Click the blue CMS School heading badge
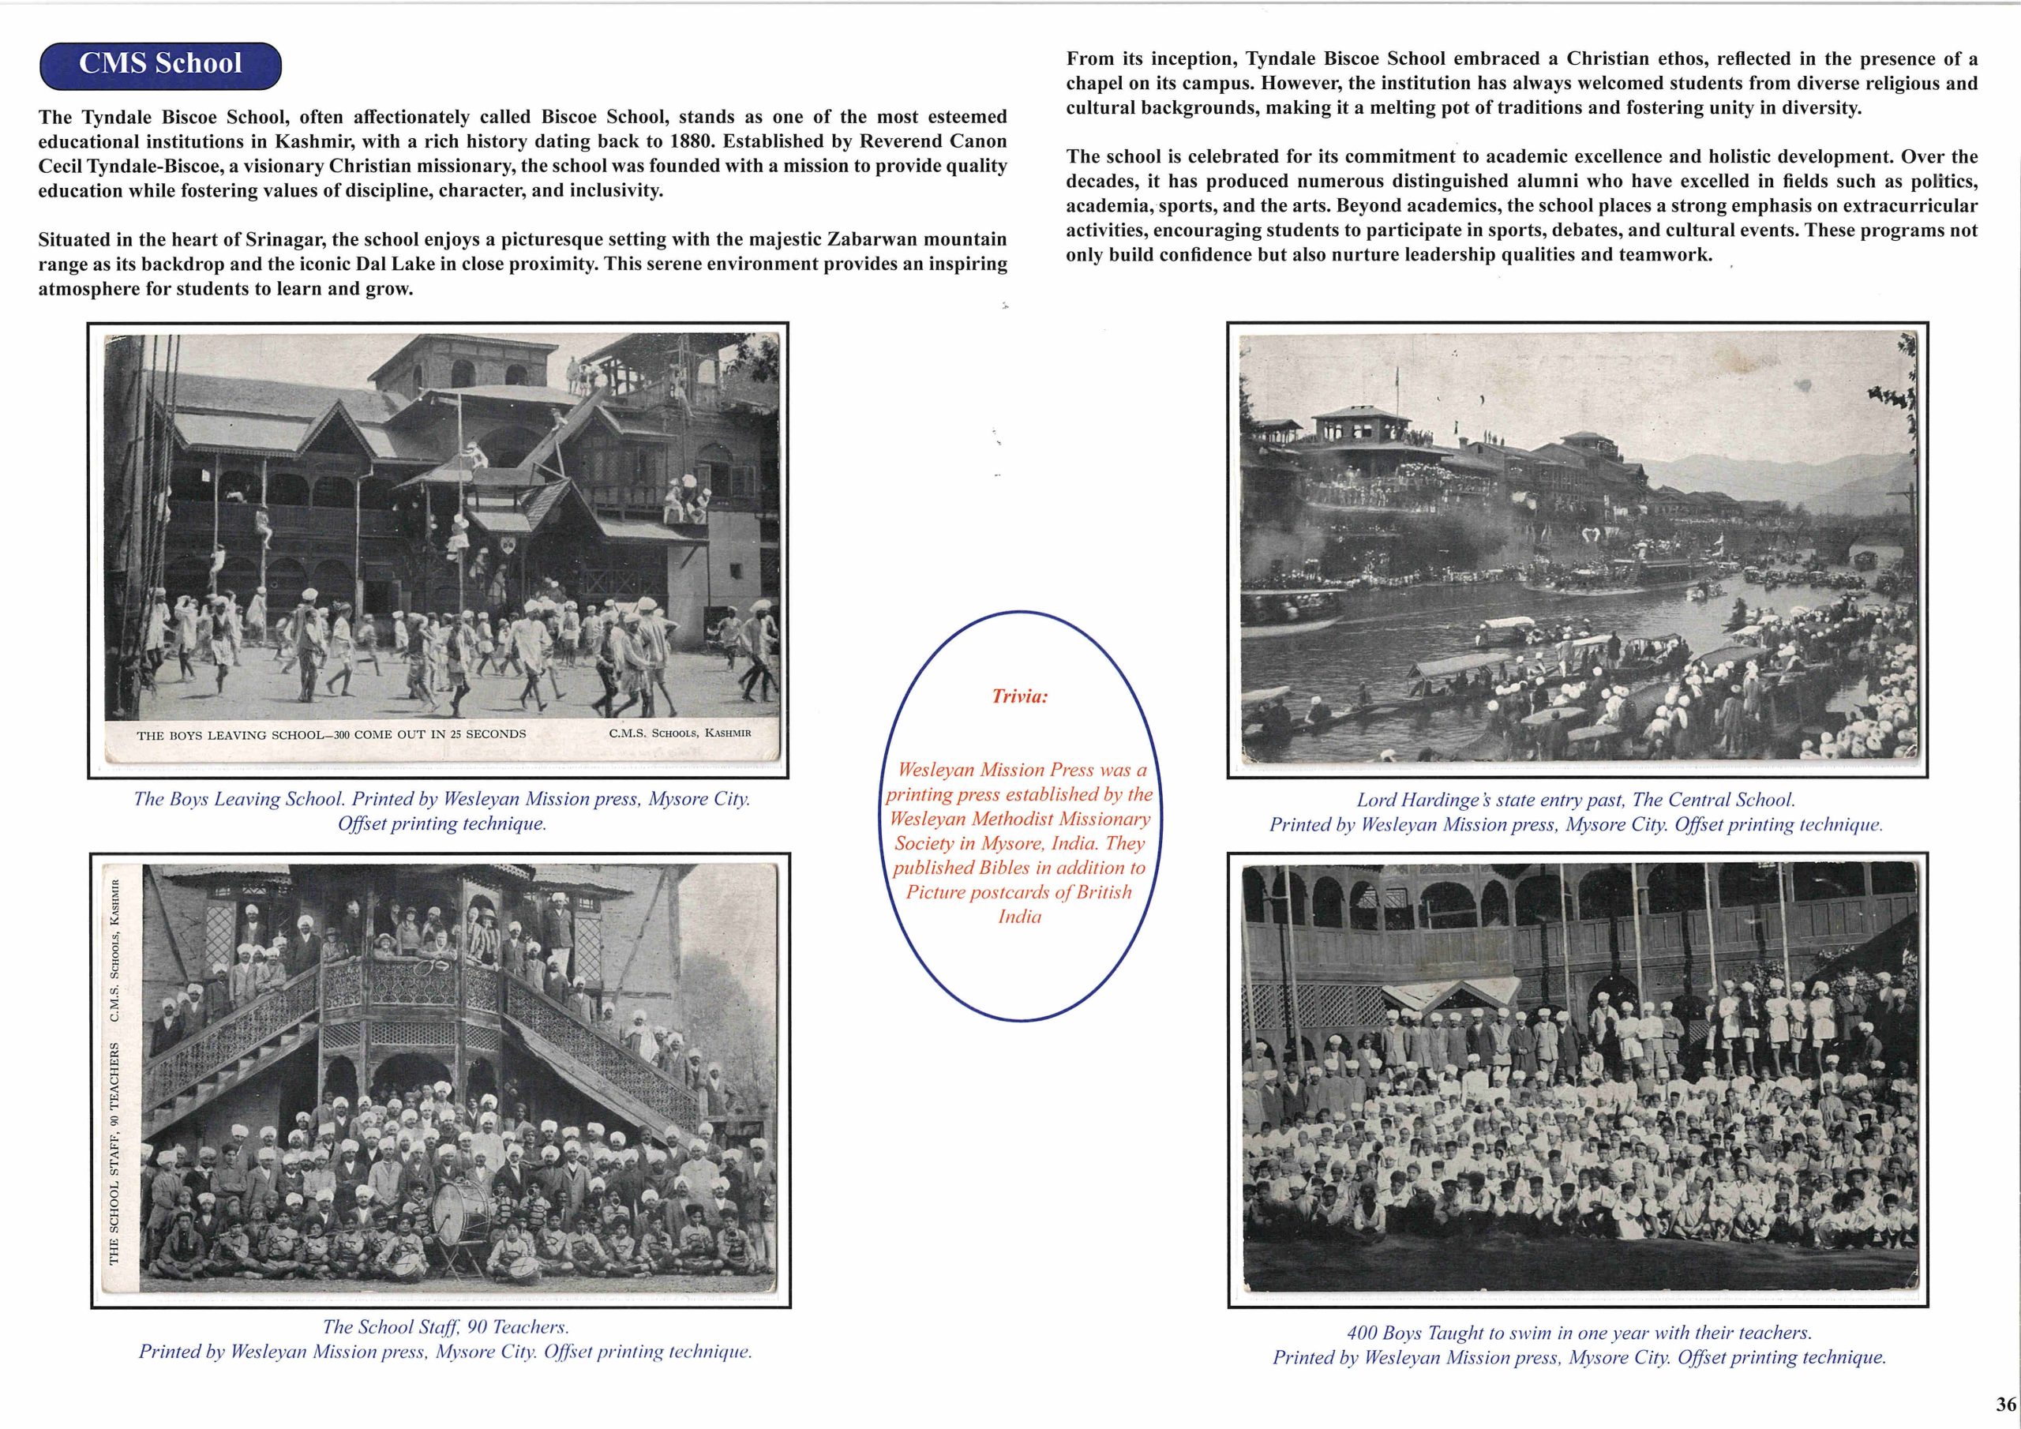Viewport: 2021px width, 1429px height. tap(160, 64)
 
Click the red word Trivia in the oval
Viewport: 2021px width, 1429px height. tap(1019, 696)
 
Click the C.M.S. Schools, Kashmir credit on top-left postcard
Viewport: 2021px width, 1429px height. tap(680, 733)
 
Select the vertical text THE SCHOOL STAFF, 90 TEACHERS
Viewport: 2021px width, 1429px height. tap(114, 1161)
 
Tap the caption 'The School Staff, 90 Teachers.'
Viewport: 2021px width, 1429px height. tap(445, 1326)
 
